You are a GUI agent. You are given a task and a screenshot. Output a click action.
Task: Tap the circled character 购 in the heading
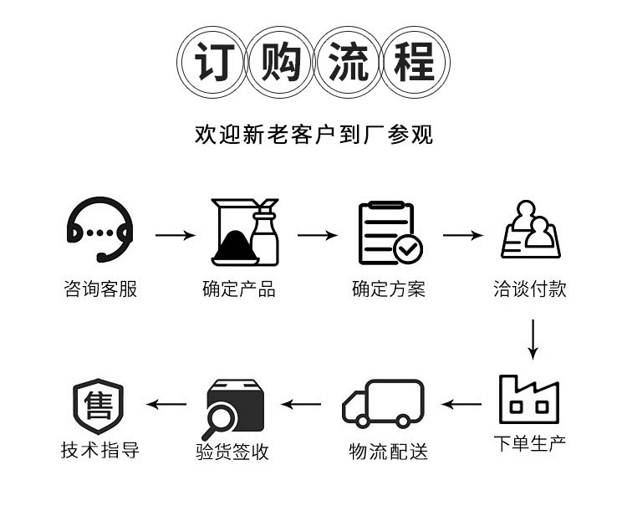coord(279,64)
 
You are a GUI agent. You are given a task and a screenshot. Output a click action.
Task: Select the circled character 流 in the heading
coord(348,64)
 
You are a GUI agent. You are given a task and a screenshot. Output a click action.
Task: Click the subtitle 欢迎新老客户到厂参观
coord(313,134)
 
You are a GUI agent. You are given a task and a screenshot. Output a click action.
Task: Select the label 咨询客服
coord(99,289)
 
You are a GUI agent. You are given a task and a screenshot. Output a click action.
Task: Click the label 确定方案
coord(388,289)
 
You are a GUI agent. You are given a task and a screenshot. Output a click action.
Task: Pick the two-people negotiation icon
coord(531,230)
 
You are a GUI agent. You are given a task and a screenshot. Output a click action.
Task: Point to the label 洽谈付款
coord(530,289)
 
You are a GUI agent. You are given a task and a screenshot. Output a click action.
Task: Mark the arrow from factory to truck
coord(462,405)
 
